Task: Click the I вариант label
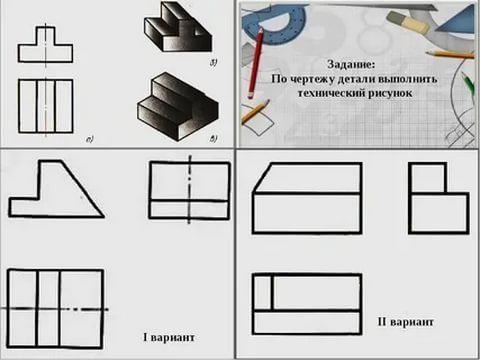coord(169,337)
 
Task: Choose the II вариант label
coord(406,322)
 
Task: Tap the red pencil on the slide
coord(255,63)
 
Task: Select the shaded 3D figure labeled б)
coord(178,27)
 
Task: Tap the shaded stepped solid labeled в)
coord(177,107)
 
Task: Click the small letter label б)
coord(213,63)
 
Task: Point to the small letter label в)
coord(213,139)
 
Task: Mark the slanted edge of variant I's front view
coord(83,189)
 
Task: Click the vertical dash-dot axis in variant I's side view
coord(190,189)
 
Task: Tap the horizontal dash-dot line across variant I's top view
coord(55,309)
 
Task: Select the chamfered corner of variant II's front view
coord(262,178)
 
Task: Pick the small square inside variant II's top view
coord(263,292)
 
